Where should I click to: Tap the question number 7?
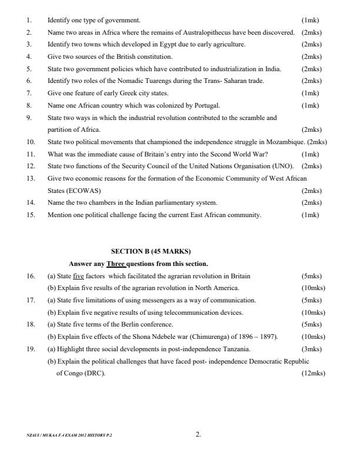[29, 93]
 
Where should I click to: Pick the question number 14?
[31, 203]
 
